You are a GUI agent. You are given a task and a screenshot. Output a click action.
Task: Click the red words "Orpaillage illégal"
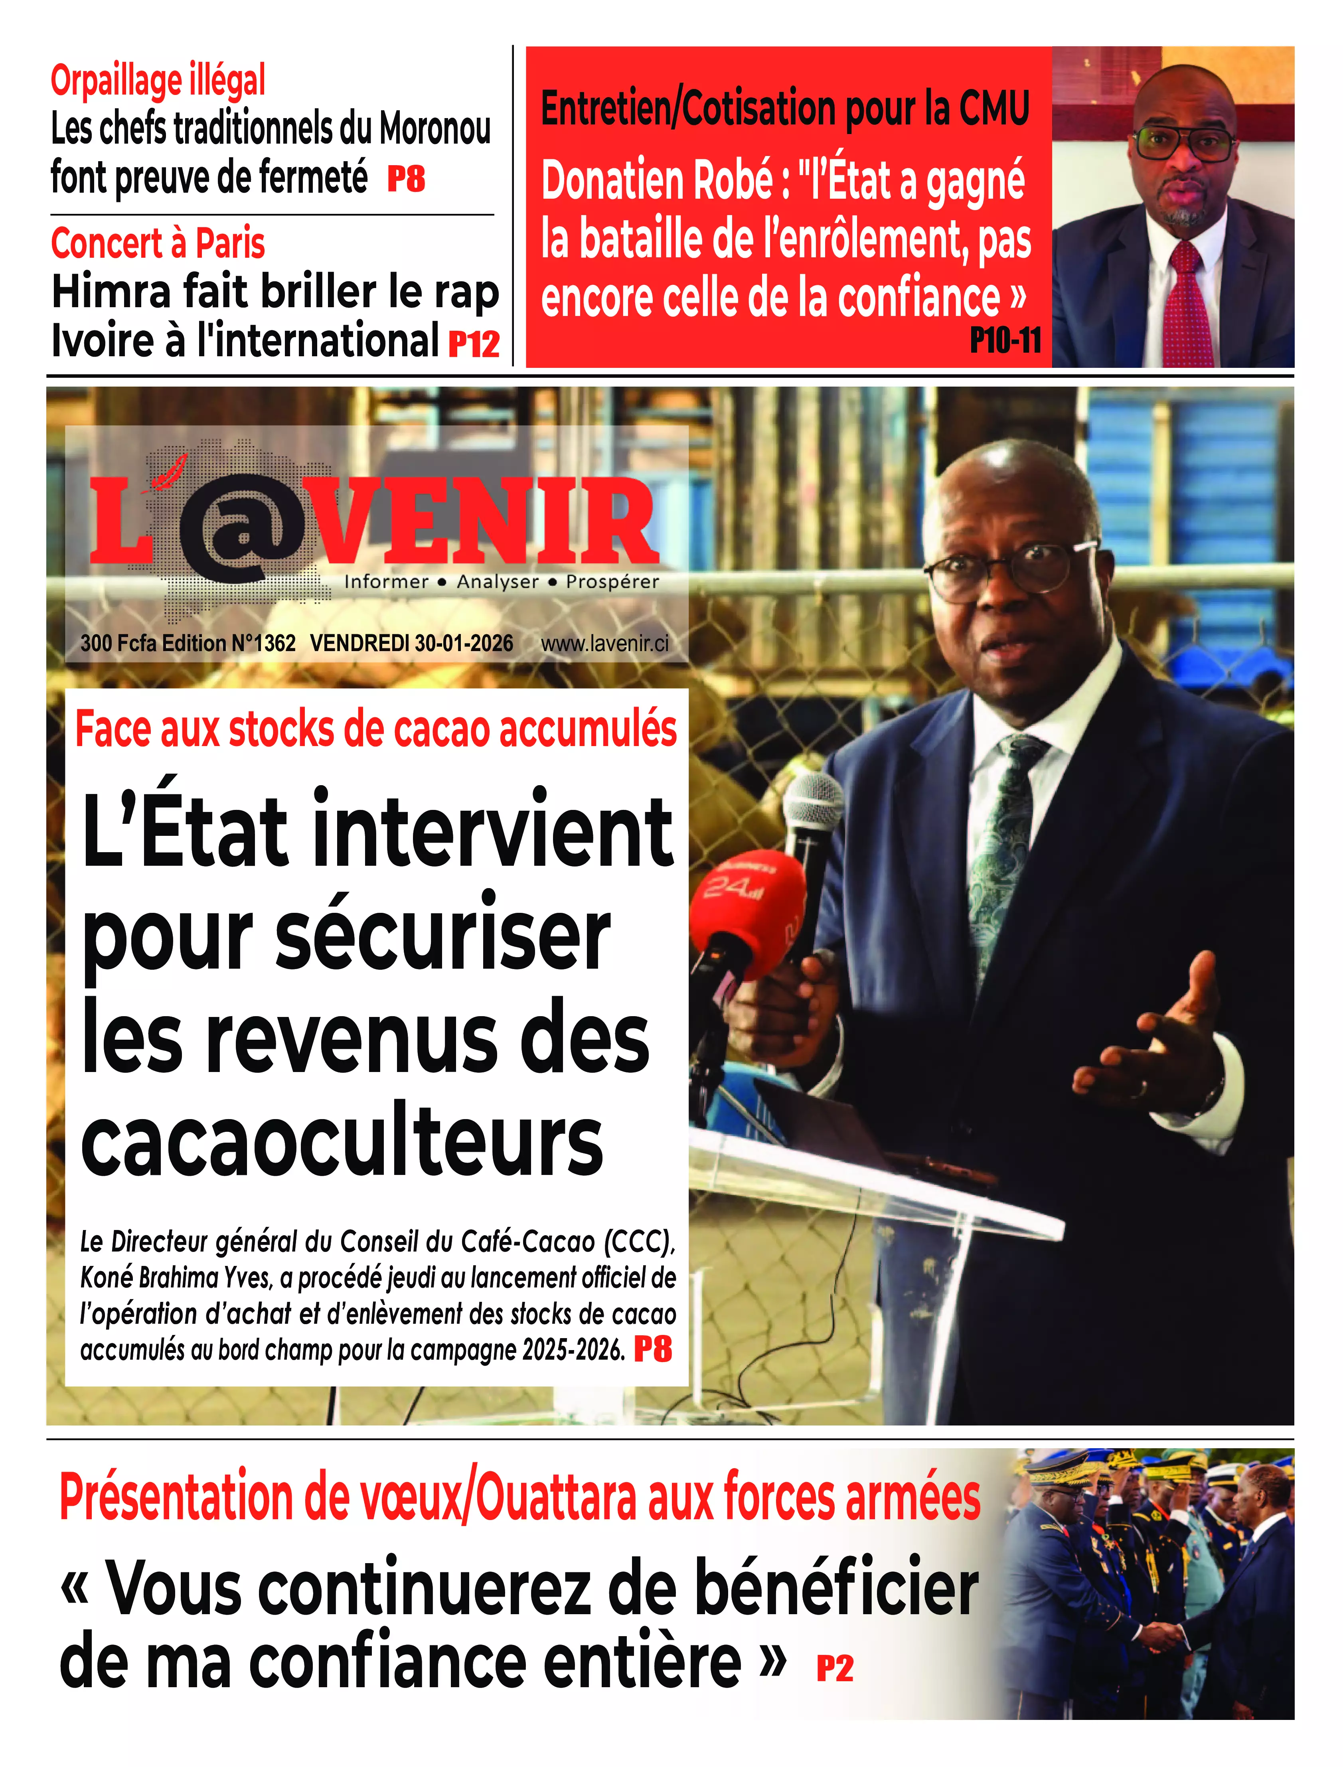[x=158, y=81]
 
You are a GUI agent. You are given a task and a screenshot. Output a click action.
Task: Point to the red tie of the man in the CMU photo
[x=1187, y=304]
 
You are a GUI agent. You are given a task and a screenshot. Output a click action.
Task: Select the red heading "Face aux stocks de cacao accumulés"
[x=376, y=730]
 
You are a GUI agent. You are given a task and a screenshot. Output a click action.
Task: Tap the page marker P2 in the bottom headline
[x=835, y=1669]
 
